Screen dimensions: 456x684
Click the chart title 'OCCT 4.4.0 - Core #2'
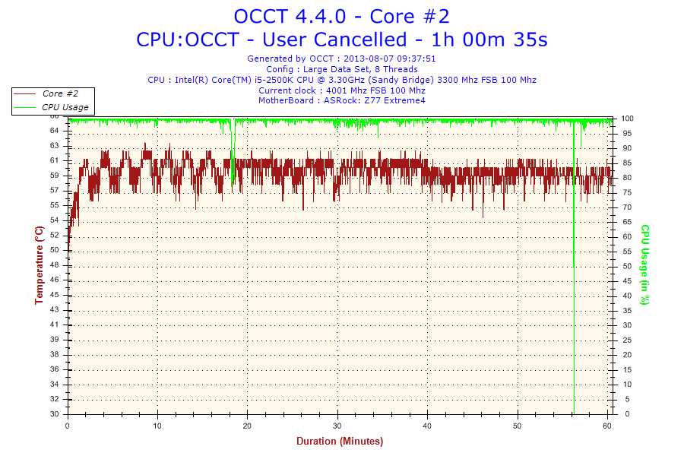(341, 16)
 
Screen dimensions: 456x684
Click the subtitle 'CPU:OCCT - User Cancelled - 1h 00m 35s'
(341, 40)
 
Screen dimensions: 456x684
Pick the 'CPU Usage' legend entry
(65, 107)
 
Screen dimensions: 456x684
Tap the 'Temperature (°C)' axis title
(39, 265)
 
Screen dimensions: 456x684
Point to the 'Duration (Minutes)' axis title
(340, 441)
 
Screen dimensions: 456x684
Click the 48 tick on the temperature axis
(55, 265)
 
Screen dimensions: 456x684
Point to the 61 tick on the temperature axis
(55, 161)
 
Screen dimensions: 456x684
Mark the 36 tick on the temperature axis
(55, 369)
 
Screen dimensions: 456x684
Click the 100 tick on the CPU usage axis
(628, 119)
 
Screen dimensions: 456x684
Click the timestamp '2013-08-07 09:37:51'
(390, 59)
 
